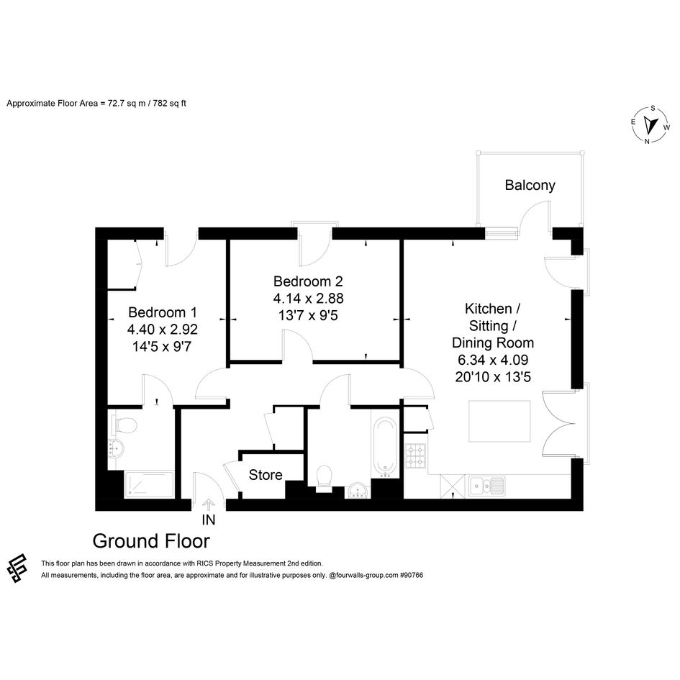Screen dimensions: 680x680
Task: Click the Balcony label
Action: tap(530, 185)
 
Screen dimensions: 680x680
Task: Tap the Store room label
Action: tap(266, 475)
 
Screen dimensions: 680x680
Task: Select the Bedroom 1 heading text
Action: tap(163, 312)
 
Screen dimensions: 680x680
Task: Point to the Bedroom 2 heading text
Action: tap(308, 281)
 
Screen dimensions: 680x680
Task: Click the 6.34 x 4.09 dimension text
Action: tap(493, 360)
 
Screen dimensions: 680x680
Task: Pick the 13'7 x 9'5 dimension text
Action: tap(308, 315)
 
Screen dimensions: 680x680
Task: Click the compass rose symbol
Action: tap(650, 125)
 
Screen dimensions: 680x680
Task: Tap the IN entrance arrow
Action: tap(209, 505)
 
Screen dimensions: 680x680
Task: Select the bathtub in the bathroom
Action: tap(385, 447)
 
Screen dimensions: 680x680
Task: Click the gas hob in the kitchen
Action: tap(415, 457)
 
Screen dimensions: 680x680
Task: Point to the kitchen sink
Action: tap(486, 486)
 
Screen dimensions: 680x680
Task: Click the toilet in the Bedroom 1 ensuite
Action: tap(124, 425)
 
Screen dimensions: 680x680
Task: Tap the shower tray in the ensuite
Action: tap(149, 485)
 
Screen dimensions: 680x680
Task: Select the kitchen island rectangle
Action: tap(499, 421)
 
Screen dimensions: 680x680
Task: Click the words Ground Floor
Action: tap(151, 541)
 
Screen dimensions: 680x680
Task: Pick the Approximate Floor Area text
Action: tap(96, 103)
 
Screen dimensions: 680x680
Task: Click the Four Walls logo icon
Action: tap(17, 568)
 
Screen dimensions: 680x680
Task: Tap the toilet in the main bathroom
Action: tap(325, 478)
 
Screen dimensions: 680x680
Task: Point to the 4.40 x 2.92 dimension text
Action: tap(163, 329)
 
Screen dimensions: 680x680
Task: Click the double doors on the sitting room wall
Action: tap(559, 424)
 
